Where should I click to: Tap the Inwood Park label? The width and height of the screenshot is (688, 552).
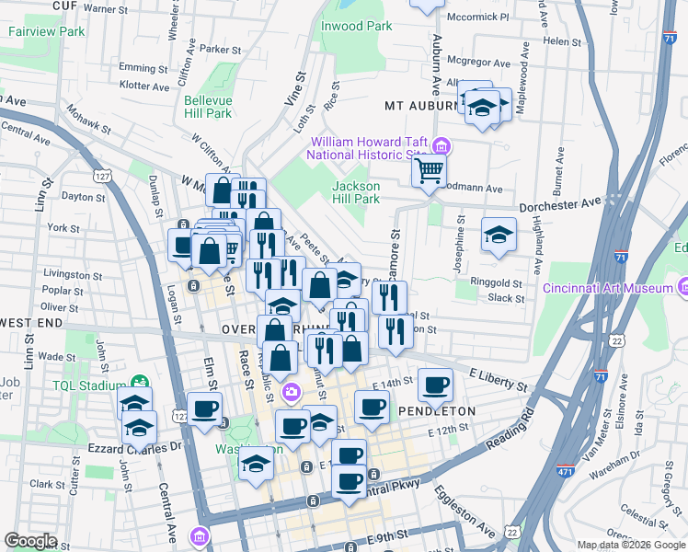coord(356,26)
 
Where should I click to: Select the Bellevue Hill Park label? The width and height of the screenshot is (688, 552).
coord(208,107)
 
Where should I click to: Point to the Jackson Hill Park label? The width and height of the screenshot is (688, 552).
coord(356,192)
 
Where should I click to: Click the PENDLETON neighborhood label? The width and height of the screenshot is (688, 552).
coord(436,411)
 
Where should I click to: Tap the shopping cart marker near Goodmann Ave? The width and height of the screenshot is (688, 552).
coord(428,170)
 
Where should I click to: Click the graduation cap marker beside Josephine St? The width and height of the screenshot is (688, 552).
coord(499,235)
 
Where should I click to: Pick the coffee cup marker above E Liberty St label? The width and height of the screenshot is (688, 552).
coord(436,383)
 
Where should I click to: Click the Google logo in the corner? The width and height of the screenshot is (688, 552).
coord(30,541)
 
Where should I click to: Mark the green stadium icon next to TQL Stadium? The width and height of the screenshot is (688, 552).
coord(139,380)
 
